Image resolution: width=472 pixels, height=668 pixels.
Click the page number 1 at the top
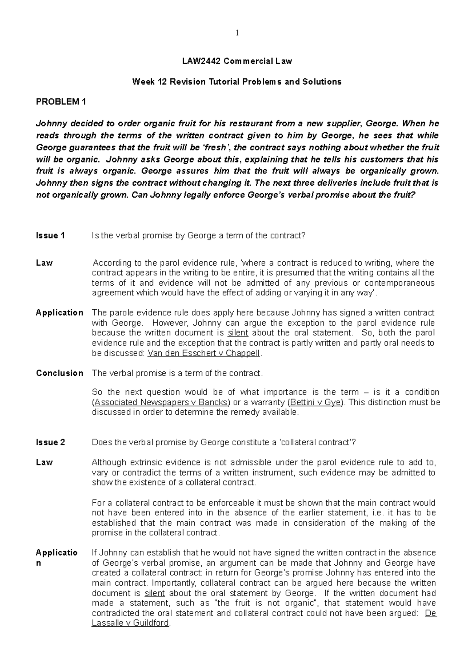(x=237, y=33)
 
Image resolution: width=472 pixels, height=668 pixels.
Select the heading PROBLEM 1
(x=61, y=102)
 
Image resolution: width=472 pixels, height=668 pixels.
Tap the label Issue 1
(x=50, y=235)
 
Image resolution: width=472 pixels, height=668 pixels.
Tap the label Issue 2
(x=50, y=442)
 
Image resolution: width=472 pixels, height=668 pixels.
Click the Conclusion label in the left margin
(x=59, y=373)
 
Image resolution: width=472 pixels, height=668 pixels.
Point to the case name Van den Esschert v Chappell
(x=203, y=353)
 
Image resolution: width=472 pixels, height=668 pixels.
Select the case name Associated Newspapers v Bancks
(x=161, y=402)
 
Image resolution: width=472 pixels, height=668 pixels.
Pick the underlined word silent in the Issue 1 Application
(x=238, y=333)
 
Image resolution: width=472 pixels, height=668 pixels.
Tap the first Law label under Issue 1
(x=44, y=263)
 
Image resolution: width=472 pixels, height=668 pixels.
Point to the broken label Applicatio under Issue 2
(x=57, y=553)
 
